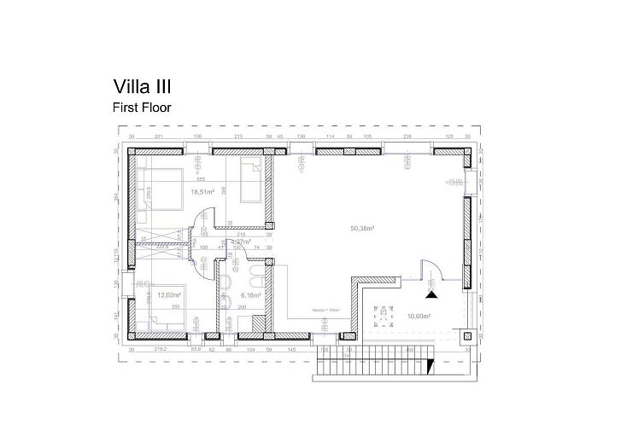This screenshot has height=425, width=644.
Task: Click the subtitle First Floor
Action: click(142, 108)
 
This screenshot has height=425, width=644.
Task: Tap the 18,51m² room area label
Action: click(202, 192)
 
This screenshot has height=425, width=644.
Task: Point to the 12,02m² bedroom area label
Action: click(167, 294)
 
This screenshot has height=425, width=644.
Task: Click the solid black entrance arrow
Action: click(432, 294)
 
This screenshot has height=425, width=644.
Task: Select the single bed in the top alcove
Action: click(252, 181)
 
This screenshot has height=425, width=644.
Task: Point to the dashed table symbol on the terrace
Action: click(381, 313)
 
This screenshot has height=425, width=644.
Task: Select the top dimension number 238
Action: click(407, 137)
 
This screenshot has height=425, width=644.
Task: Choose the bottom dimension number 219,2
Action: click(158, 350)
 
